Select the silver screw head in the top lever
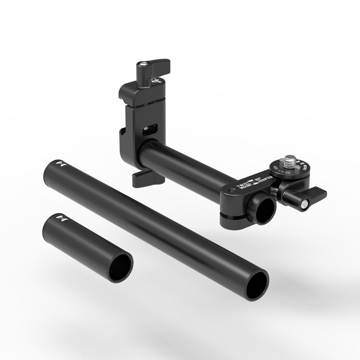tap(144, 63)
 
